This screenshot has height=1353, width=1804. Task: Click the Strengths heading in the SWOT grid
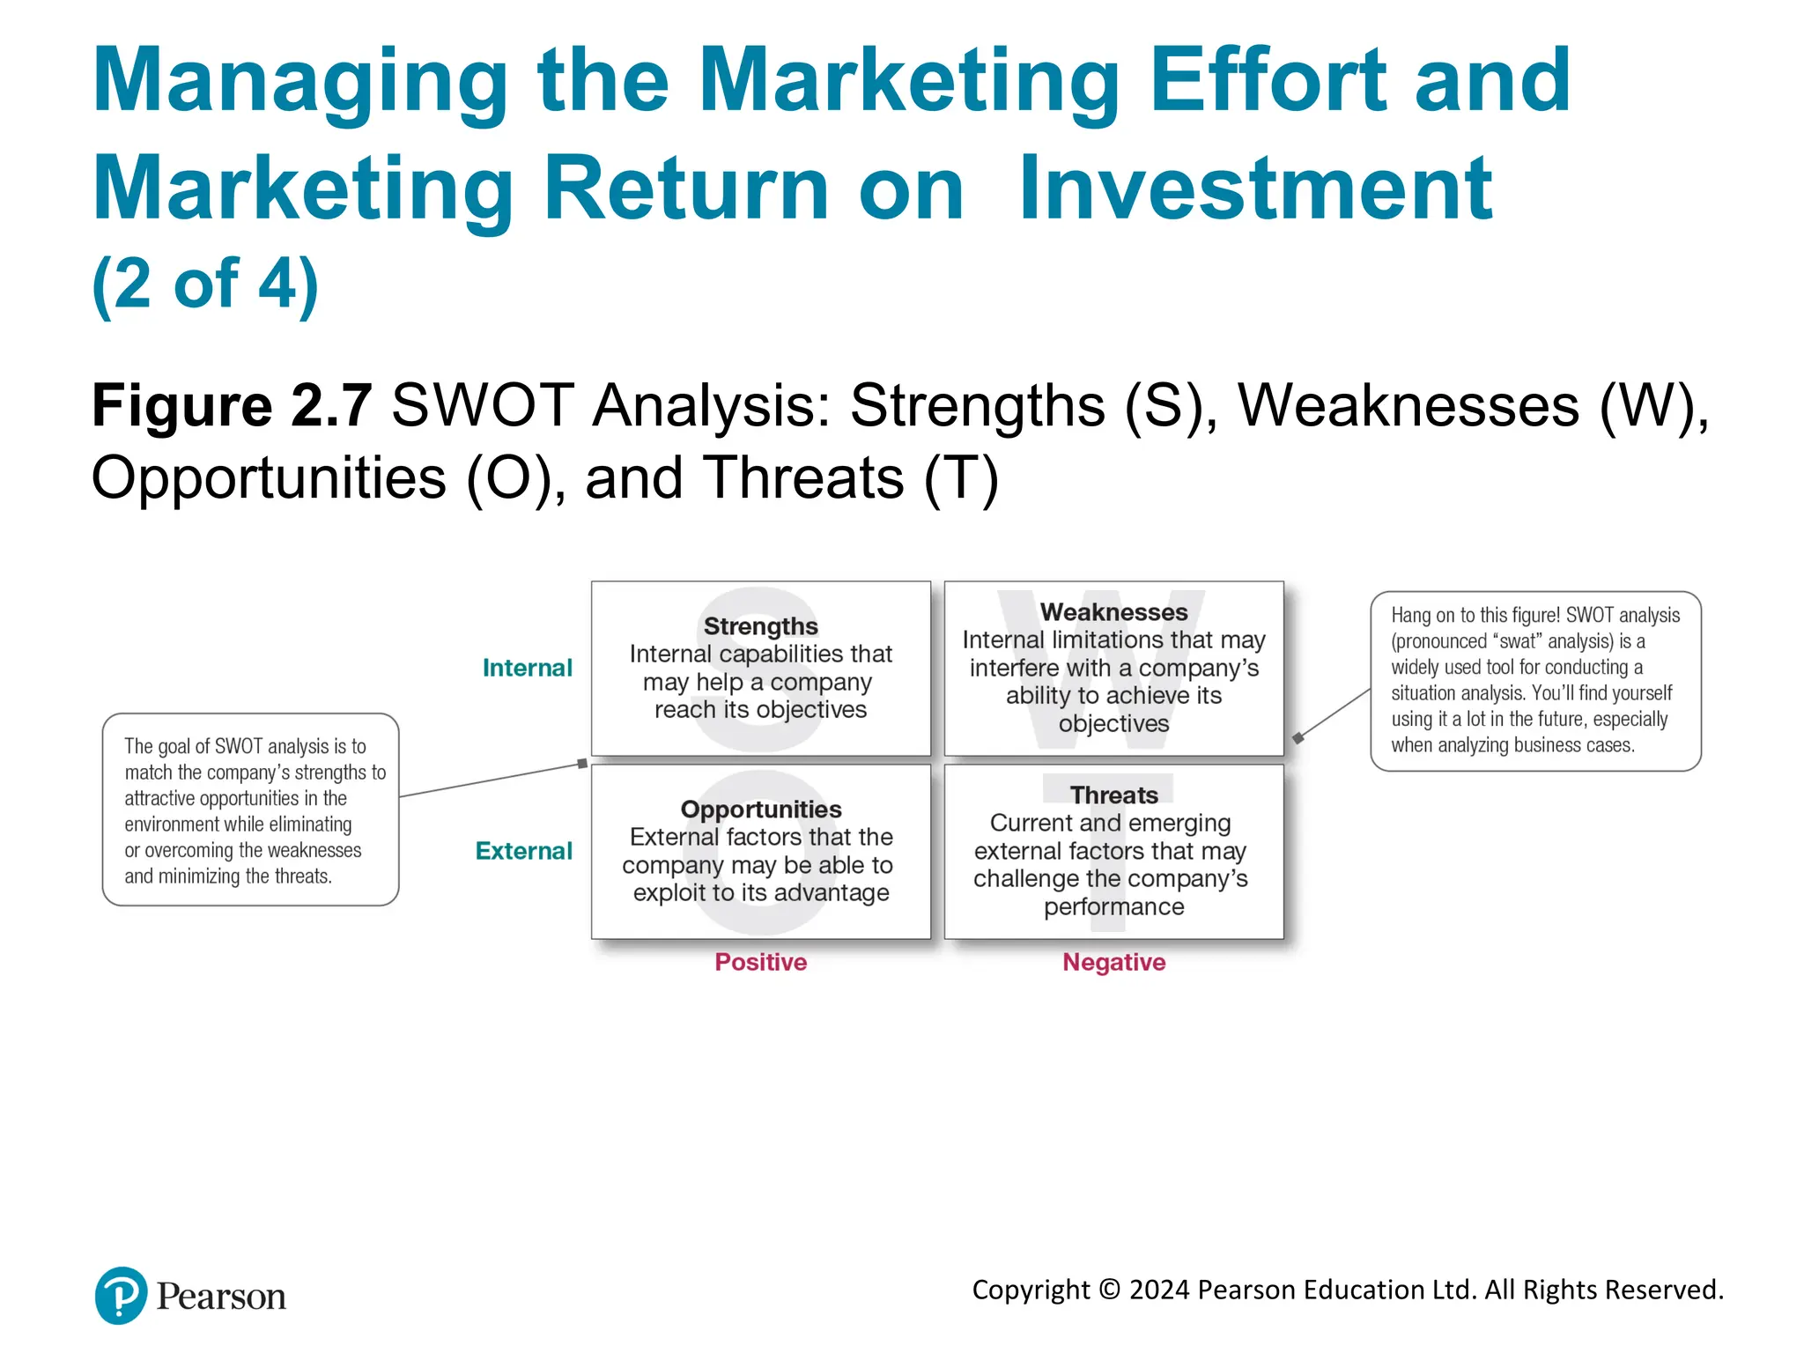pyautogui.click(x=760, y=626)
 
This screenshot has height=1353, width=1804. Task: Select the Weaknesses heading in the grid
pyautogui.click(x=1113, y=612)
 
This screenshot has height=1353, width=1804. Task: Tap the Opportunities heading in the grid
pyautogui.click(x=760, y=810)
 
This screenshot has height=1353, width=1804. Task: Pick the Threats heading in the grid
pyautogui.click(x=1113, y=795)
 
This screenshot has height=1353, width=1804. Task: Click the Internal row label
pyautogui.click(x=527, y=669)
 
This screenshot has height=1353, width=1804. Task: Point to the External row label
pyautogui.click(x=523, y=851)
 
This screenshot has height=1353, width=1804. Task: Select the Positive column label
pyautogui.click(x=760, y=962)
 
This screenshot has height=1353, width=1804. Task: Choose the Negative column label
pyautogui.click(x=1113, y=962)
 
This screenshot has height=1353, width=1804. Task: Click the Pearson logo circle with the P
pyautogui.click(x=121, y=1296)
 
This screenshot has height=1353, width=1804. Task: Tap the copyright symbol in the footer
pyautogui.click(x=1110, y=1290)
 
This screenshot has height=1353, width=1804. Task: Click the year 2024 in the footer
pyautogui.click(x=1159, y=1290)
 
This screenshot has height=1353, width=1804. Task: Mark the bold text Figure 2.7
pyautogui.click(x=232, y=406)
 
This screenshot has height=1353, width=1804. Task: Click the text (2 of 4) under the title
pyautogui.click(x=205, y=285)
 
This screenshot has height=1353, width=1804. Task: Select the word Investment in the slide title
pyautogui.click(x=1254, y=189)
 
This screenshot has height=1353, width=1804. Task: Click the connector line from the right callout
pyautogui.click(x=1334, y=713)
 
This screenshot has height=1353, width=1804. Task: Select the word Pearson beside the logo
pyautogui.click(x=221, y=1297)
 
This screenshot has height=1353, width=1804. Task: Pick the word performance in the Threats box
pyautogui.click(x=1113, y=906)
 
